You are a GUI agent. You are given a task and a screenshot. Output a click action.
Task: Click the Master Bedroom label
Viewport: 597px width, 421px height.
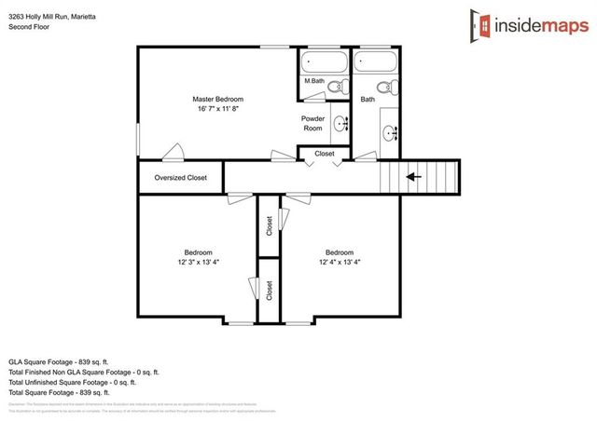click(217, 99)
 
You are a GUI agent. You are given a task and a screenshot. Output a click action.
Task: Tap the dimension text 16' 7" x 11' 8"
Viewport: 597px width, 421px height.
click(217, 109)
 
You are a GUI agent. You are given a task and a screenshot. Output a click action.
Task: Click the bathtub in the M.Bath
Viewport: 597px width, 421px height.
click(323, 63)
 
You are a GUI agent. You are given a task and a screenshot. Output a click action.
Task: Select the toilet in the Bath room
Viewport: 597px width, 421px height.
click(390, 87)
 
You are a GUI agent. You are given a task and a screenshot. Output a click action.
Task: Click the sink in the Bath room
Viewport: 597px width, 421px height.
click(391, 132)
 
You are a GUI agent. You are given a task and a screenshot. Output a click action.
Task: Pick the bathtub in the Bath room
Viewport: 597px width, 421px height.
click(377, 62)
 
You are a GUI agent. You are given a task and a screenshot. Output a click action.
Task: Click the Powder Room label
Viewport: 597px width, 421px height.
click(312, 124)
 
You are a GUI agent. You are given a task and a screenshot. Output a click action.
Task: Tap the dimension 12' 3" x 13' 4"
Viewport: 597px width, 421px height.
click(198, 263)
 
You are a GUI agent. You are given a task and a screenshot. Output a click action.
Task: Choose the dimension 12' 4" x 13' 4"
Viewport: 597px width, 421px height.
click(339, 263)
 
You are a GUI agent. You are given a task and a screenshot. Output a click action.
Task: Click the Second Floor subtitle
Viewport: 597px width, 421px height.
click(28, 27)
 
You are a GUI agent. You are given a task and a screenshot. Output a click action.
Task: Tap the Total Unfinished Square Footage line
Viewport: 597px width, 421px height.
click(72, 382)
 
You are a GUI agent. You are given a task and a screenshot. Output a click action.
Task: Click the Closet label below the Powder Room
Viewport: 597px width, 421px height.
click(324, 153)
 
